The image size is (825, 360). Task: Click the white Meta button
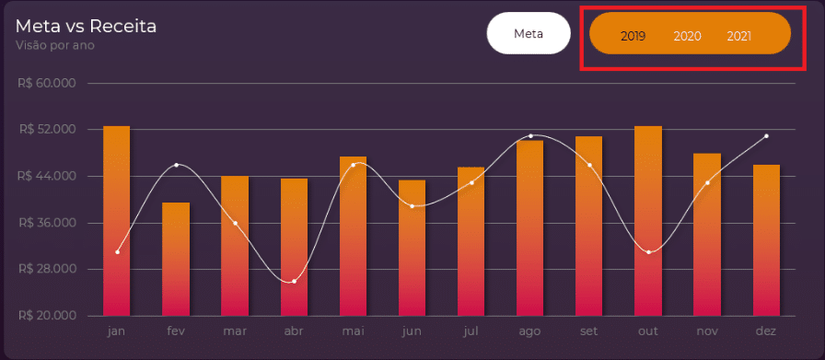point(529,33)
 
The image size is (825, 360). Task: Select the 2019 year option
point(633,36)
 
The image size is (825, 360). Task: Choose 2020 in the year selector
point(687,36)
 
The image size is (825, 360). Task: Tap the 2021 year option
point(739,36)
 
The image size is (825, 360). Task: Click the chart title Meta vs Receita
point(87,27)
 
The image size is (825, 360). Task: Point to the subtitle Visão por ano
point(55,45)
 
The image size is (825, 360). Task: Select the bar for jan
point(116,221)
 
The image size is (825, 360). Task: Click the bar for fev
point(176,260)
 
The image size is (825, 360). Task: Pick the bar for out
point(648,221)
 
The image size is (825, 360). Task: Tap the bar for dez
point(766,240)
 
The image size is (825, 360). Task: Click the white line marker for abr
point(294,282)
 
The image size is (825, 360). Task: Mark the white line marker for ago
point(530,135)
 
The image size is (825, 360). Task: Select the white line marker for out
point(649,252)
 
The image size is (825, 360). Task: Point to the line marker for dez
point(767,135)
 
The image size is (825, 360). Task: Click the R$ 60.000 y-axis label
point(47,83)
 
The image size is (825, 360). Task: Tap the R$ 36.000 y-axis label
point(47,223)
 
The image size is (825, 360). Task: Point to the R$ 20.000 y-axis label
point(47,316)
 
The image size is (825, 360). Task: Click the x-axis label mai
point(353,331)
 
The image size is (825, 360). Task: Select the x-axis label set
point(588,331)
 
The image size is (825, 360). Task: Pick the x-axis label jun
point(412,332)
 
